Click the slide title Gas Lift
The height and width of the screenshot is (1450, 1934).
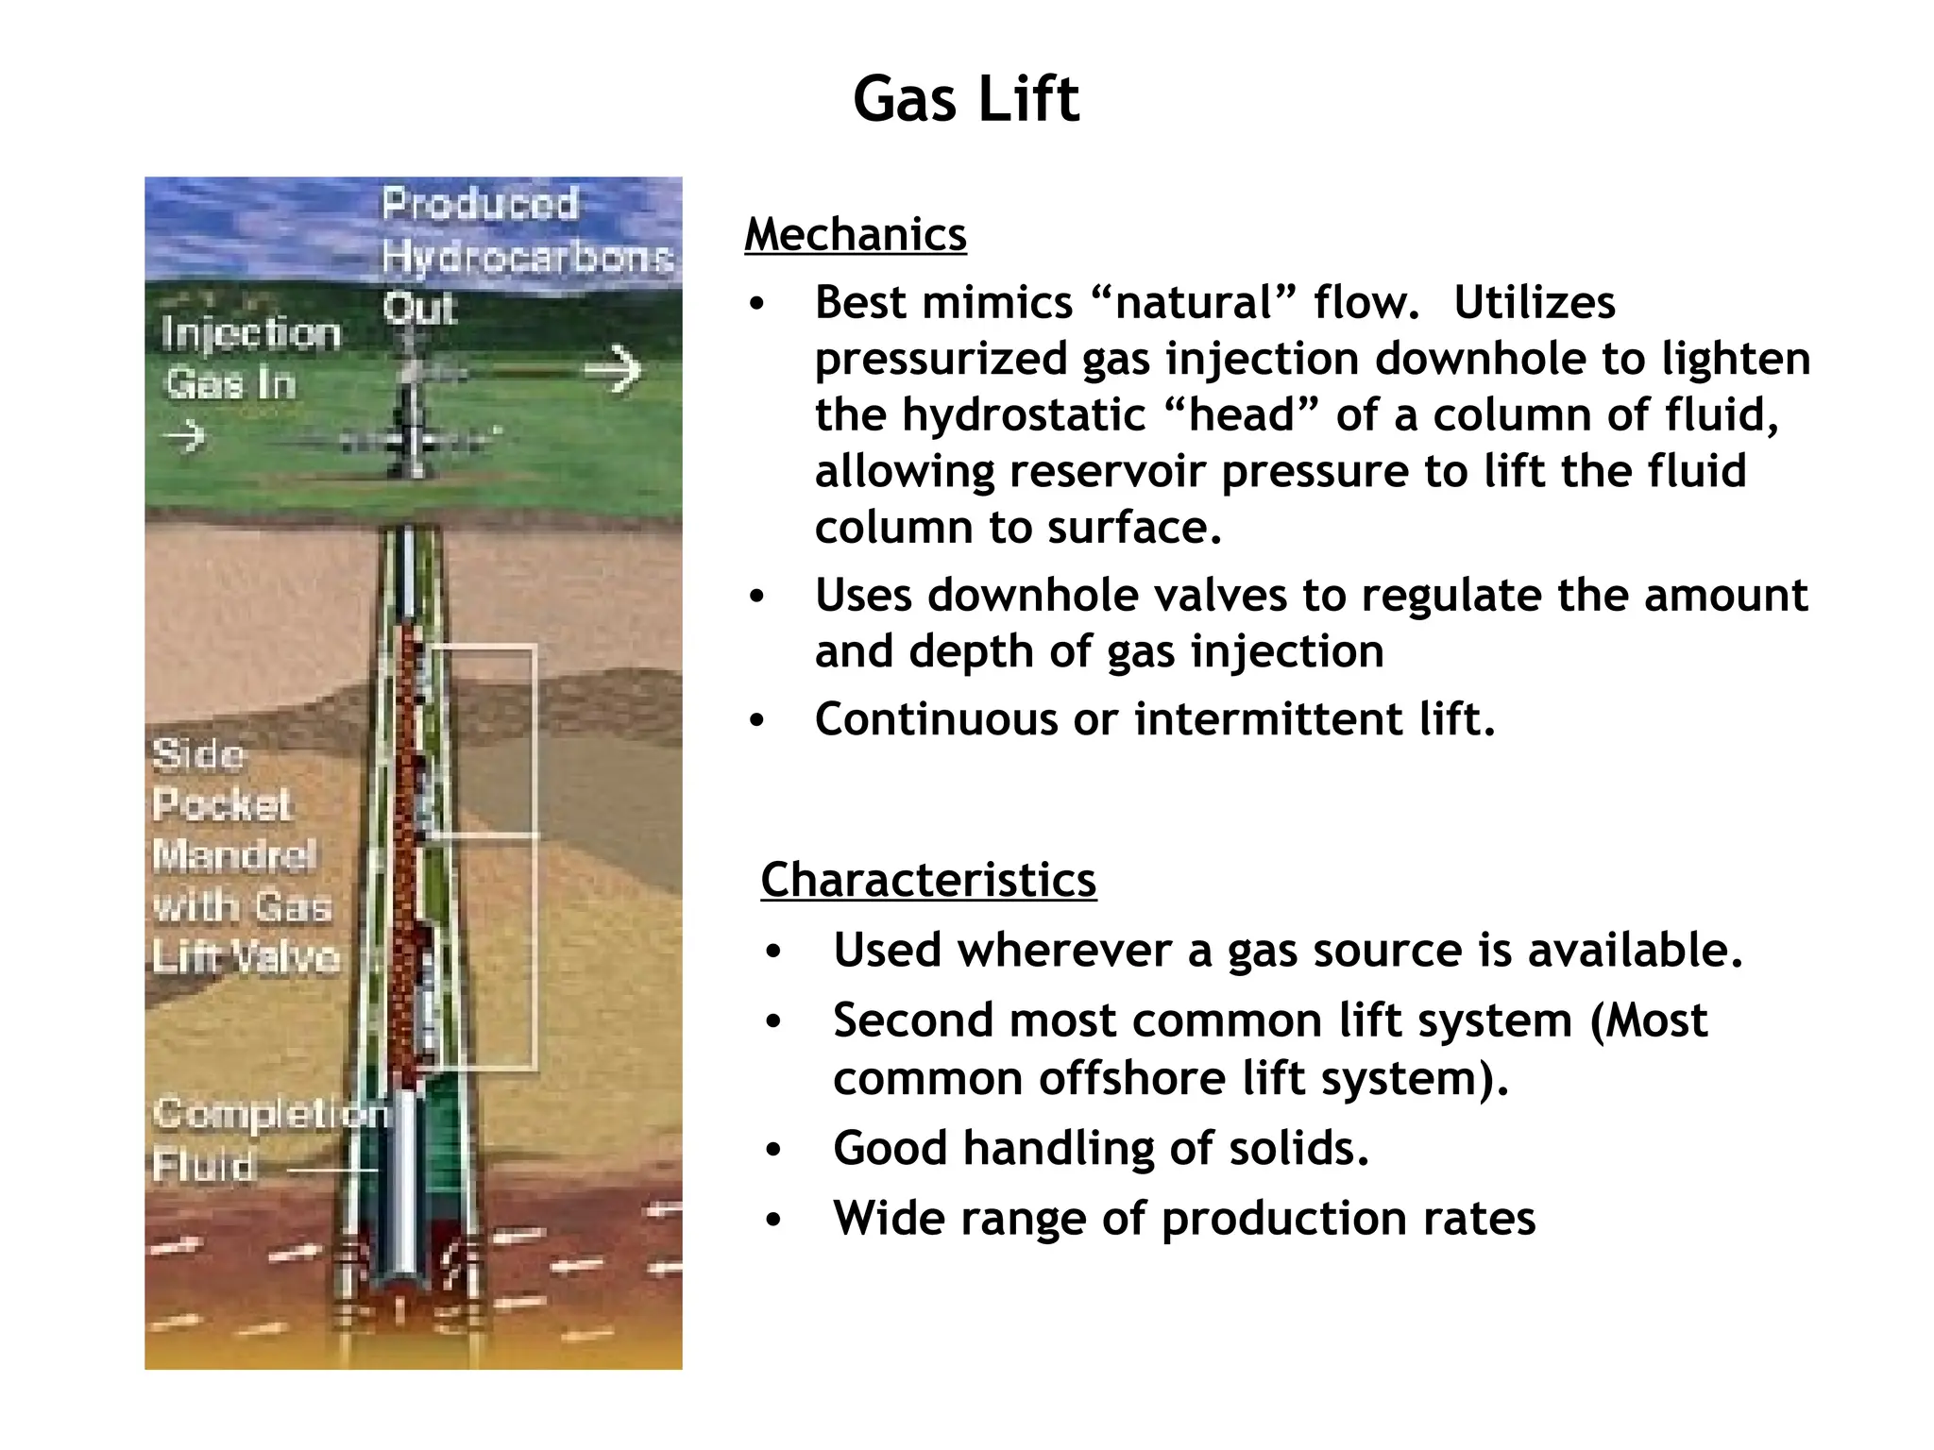(x=965, y=99)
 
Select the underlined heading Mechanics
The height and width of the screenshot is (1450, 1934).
(x=855, y=235)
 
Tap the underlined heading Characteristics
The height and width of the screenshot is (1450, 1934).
(x=927, y=880)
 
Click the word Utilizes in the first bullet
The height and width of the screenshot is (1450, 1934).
(x=1534, y=303)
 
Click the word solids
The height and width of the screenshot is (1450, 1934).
(x=1298, y=1149)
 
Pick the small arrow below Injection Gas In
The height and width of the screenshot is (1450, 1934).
(x=184, y=436)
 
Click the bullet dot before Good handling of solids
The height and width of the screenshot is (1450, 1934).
(x=773, y=1150)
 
